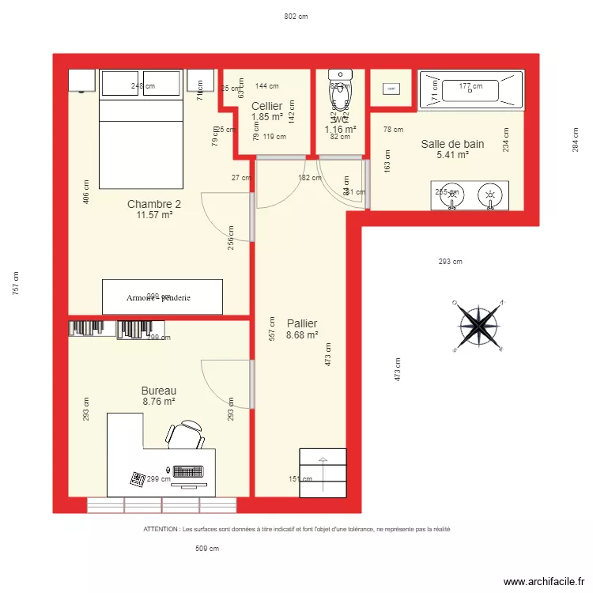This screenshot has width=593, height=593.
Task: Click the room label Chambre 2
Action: [154, 204]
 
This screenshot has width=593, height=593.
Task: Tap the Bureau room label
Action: [158, 391]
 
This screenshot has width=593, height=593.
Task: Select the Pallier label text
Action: [302, 323]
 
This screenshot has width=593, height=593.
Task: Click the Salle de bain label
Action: [452, 144]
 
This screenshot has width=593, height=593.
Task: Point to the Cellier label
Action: [267, 106]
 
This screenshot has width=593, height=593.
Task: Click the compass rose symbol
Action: [478, 324]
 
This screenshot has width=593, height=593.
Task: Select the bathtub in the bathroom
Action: [470, 89]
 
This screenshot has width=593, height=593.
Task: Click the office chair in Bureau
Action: [186, 435]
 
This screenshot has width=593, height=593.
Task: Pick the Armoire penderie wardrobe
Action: [162, 297]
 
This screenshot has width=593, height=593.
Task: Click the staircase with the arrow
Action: [323, 473]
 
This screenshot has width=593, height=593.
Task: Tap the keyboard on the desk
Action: [188, 471]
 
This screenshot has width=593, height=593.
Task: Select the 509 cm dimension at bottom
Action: [206, 548]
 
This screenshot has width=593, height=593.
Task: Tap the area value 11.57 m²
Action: [154, 215]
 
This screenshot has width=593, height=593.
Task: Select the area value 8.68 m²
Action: [302, 334]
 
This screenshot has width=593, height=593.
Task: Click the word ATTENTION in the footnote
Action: [161, 529]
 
